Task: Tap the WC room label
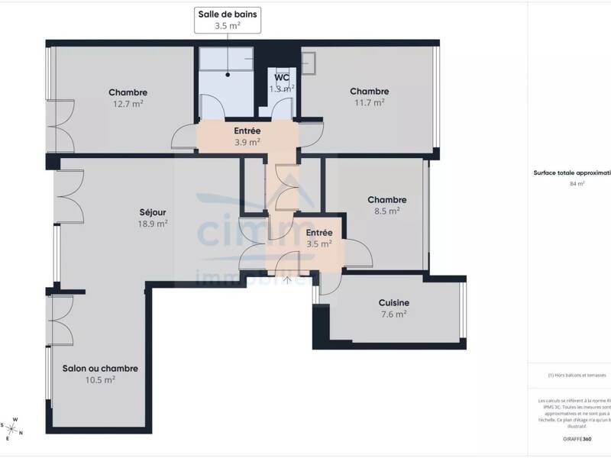(x=282, y=78)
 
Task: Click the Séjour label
(x=153, y=212)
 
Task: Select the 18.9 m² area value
(x=153, y=224)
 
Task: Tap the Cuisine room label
(x=394, y=302)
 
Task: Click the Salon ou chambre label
(x=100, y=368)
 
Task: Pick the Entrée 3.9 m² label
(x=247, y=136)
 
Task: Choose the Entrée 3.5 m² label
(x=318, y=238)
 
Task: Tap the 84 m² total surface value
(x=577, y=184)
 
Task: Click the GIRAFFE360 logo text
(x=576, y=439)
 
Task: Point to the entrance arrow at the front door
(x=288, y=280)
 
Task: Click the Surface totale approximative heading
(x=573, y=173)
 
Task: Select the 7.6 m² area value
(x=394, y=313)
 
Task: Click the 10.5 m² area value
(x=100, y=379)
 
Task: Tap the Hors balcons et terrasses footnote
(x=577, y=375)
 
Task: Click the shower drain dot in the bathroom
(x=227, y=75)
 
